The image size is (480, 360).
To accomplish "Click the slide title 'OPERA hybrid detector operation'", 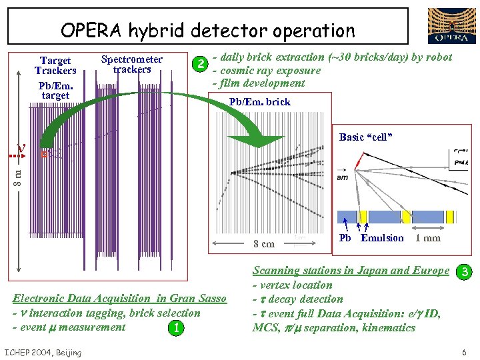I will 207,30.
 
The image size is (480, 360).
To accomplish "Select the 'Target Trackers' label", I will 55,65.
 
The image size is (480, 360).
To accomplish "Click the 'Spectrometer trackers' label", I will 131,64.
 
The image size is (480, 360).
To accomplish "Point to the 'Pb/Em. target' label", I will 55,90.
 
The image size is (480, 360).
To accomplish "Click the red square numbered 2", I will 198,64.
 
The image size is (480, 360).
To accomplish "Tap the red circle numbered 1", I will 175,328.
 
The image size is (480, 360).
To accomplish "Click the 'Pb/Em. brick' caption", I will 260,102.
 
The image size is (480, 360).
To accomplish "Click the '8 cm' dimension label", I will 263,244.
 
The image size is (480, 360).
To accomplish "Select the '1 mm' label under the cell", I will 427,238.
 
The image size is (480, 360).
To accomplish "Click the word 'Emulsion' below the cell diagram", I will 382,238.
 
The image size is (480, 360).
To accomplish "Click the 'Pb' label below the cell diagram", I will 345,238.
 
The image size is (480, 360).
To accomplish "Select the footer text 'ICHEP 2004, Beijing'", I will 43,352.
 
